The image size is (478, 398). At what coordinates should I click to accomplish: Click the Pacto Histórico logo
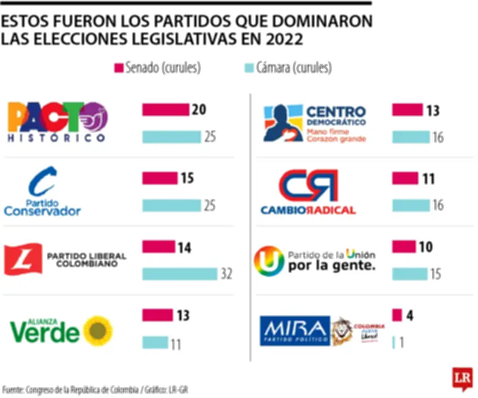tap(57, 123)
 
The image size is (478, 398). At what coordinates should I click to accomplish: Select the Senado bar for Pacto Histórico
tap(166, 110)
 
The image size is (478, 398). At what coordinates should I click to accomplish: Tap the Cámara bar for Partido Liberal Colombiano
tap(179, 274)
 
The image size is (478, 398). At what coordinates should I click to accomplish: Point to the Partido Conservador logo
tap(43, 191)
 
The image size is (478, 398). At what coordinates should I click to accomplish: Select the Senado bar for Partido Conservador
tap(160, 178)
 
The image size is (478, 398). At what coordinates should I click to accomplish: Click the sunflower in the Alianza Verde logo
tap(98, 330)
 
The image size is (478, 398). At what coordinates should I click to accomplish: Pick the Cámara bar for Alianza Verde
tap(155, 343)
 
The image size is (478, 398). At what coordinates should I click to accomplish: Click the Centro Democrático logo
tap(315, 123)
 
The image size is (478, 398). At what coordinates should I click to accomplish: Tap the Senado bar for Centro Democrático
tap(407, 110)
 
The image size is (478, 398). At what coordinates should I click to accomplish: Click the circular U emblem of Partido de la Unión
tap(269, 261)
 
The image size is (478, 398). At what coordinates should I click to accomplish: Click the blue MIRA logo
tap(295, 330)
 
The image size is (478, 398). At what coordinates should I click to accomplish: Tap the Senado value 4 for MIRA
tap(410, 316)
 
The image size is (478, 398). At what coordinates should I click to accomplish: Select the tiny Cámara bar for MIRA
tap(394, 343)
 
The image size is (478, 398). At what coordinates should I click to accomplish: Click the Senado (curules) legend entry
tap(157, 68)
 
